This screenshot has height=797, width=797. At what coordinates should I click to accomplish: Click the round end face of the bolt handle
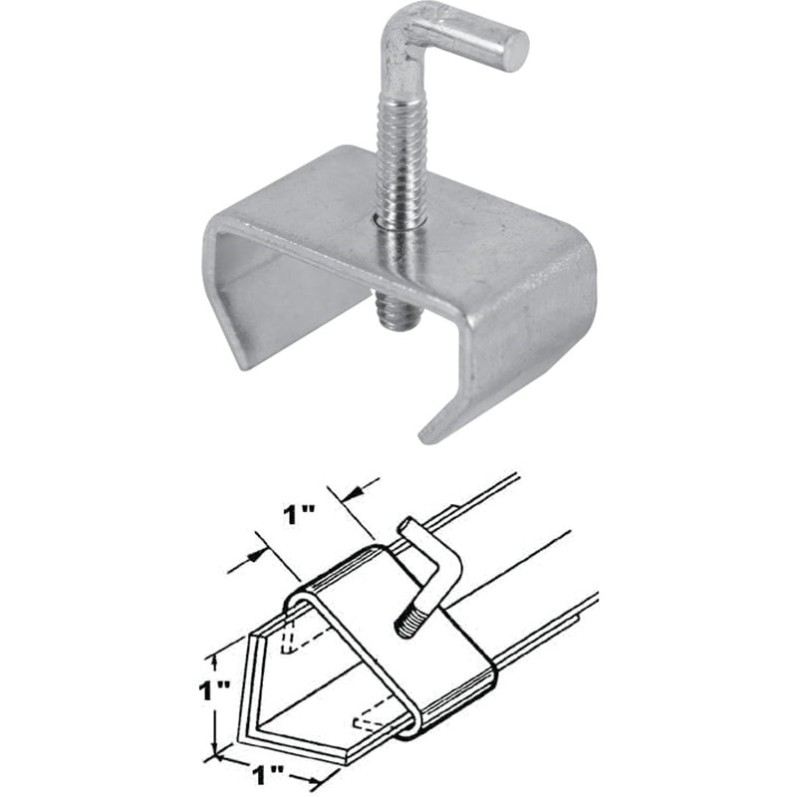[x=514, y=50]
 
